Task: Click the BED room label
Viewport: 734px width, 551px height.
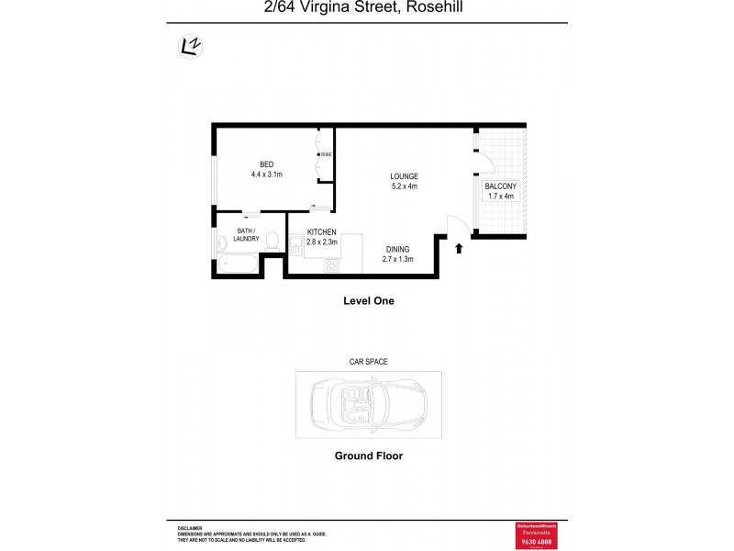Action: pyautogui.click(x=266, y=164)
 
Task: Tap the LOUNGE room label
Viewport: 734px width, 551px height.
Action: pyautogui.click(x=404, y=176)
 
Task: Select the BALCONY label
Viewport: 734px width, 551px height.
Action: pyautogui.click(x=500, y=186)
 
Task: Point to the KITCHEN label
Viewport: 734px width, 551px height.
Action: pyautogui.click(x=321, y=232)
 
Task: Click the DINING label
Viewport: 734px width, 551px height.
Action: pyautogui.click(x=397, y=249)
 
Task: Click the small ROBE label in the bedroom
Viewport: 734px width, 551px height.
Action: pyautogui.click(x=326, y=155)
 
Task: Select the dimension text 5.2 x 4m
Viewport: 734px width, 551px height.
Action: pyautogui.click(x=404, y=186)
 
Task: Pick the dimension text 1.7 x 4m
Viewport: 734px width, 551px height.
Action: pyautogui.click(x=500, y=197)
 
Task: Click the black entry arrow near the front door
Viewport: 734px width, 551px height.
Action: pyautogui.click(x=459, y=246)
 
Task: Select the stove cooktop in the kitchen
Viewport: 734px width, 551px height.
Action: pyautogui.click(x=330, y=266)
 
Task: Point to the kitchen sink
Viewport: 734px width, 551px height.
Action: pyautogui.click(x=295, y=247)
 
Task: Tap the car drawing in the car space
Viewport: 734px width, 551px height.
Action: pyautogui.click(x=368, y=404)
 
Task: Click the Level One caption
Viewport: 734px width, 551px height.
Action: pyautogui.click(x=368, y=300)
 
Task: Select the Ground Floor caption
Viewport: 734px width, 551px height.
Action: pyautogui.click(x=368, y=455)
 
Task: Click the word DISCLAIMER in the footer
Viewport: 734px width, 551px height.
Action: pyautogui.click(x=191, y=528)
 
